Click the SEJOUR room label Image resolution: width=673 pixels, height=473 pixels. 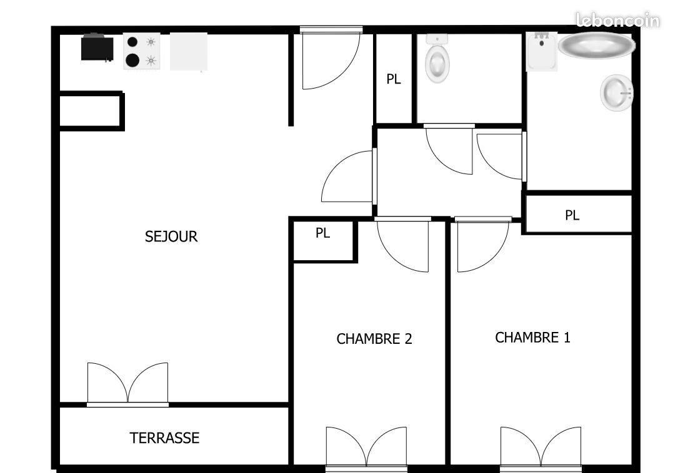(171, 236)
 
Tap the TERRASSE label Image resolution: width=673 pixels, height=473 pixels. (164, 438)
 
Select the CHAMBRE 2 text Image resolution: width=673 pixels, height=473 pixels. (374, 339)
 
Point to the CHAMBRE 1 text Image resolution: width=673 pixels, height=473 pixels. (532, 338)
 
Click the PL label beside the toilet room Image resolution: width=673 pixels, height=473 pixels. (394, 79)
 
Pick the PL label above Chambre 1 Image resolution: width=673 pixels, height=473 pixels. (572, 215)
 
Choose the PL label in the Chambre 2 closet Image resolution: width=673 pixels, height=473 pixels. (323, 233)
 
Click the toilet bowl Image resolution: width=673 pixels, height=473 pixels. (437, 59)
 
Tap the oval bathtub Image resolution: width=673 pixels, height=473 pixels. (597, 46)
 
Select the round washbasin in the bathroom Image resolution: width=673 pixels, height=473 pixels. (617, 93)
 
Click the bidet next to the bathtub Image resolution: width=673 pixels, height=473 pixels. (542, 51)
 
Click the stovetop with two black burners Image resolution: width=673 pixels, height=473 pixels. (142, 51)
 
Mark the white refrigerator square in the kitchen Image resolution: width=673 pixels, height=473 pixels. (189, 51)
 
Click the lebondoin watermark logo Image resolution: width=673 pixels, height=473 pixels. (617, 20)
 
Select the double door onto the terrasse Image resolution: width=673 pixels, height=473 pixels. (128, 384)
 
